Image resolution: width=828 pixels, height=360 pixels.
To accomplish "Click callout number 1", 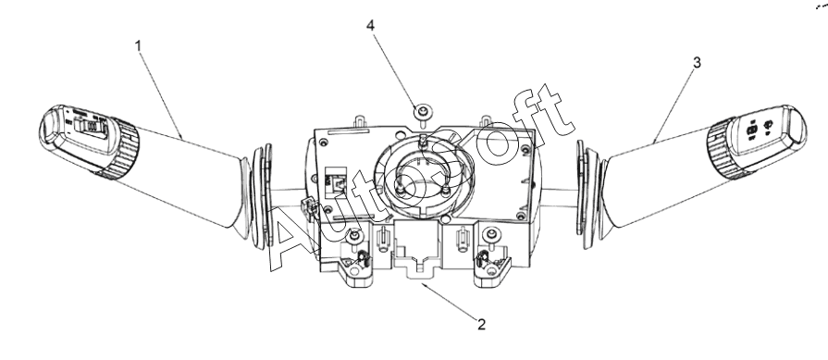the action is coord(139,46).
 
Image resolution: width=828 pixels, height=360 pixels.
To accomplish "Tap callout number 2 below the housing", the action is coord(481,324).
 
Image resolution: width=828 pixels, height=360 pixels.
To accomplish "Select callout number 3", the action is coord(697,63).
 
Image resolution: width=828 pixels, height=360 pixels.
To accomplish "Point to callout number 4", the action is coord(371,25).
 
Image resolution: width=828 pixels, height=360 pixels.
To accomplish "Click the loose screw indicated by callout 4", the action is coord(423,112).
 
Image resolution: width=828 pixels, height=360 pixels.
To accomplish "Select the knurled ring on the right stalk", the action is coord(723,149).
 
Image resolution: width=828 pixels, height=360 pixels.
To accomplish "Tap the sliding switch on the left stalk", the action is coord(91,127).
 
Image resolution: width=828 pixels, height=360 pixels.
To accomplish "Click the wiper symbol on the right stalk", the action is coord(768,125).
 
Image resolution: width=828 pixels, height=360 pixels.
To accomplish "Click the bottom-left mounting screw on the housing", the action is coord(355,234).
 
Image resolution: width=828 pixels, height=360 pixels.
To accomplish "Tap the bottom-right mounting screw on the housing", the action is coord(491,233).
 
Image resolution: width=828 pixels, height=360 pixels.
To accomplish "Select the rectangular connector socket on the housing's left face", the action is coord(335,182).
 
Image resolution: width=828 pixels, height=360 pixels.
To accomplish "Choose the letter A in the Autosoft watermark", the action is coord(288,238).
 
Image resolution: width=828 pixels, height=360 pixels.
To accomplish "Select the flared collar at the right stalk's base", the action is coord(590,194).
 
